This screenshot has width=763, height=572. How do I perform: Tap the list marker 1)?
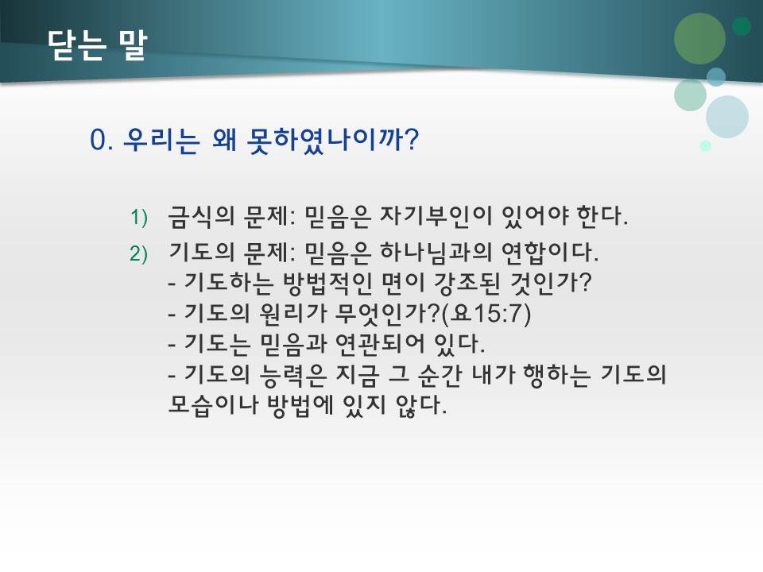coord(139,217)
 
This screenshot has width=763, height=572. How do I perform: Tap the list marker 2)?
coord(139,254)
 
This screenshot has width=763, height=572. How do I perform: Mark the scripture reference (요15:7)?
coord(493,314)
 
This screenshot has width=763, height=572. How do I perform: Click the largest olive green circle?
coord(699,38)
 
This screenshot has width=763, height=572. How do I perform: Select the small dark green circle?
coord(742,26)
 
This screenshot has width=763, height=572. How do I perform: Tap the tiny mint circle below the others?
coord(705,145)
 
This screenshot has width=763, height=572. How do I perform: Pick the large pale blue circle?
coord(726,117)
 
